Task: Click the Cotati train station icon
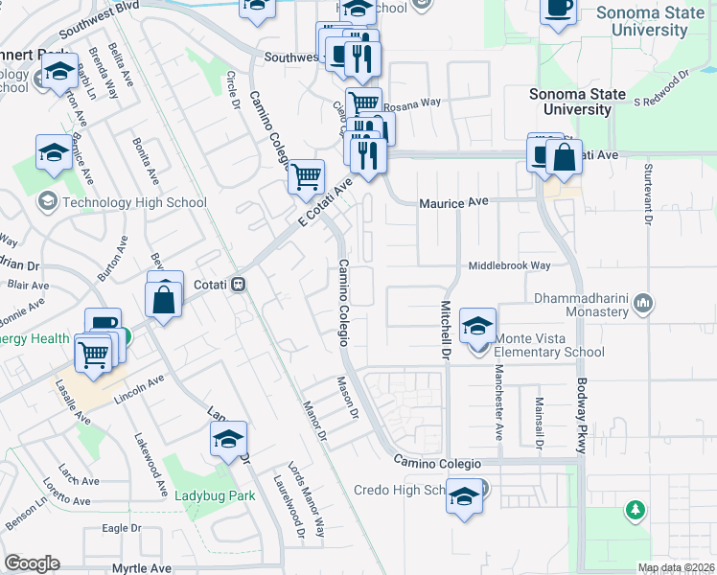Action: point(239,285)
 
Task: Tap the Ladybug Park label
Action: point(214,496)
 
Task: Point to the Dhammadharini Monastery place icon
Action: point(643,304)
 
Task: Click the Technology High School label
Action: point(134,202)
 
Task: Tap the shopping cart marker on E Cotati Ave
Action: point(306,176)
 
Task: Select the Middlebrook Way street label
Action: point(509,265)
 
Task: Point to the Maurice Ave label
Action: point(454,203)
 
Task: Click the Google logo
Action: point(32,563)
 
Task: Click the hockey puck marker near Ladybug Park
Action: point(228,440)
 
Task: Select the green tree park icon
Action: point(635,510)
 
